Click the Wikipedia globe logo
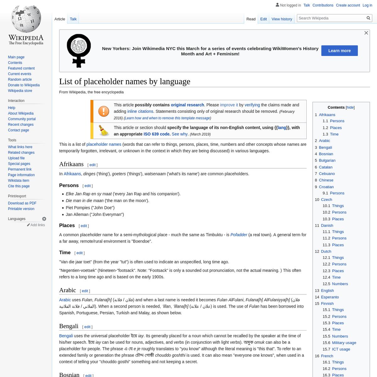click(26, 19)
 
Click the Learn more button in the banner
click(339, 51)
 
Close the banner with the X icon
click(366, 33)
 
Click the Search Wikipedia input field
click(331, 18)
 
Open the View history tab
click(282, 19)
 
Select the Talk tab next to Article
click(73, 19)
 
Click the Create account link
click(348, 5)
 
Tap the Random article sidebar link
click(20, 79)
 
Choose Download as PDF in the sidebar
click(22, 203)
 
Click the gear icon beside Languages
click(44, 219)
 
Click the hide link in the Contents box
click(350, 107)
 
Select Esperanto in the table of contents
click(330, 297)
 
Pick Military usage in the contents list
click(344, 343)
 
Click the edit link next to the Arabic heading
click(85, 291)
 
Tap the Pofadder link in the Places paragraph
click(239, 235)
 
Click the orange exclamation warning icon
click(104, 111)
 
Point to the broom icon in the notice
click(104, 131)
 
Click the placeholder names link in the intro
click(104, 145)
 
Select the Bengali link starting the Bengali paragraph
click(66, 336)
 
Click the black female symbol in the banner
click(79, 51)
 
